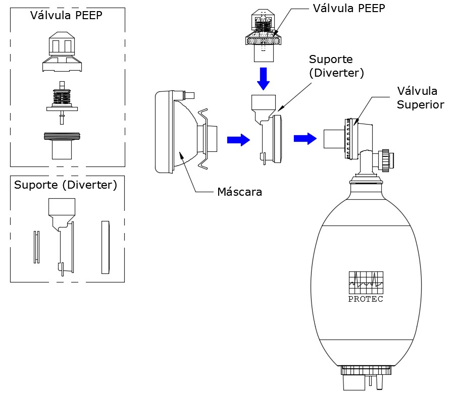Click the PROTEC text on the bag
366,299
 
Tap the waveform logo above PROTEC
366,283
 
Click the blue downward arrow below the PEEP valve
263,77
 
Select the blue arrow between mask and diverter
238,140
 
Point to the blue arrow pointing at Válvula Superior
305,138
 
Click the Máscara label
239,192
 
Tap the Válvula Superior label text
421,98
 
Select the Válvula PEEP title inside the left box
67,15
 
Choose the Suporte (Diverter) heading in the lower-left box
66,185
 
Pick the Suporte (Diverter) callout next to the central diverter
336,66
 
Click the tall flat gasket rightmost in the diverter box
105,247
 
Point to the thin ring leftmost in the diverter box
36,247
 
